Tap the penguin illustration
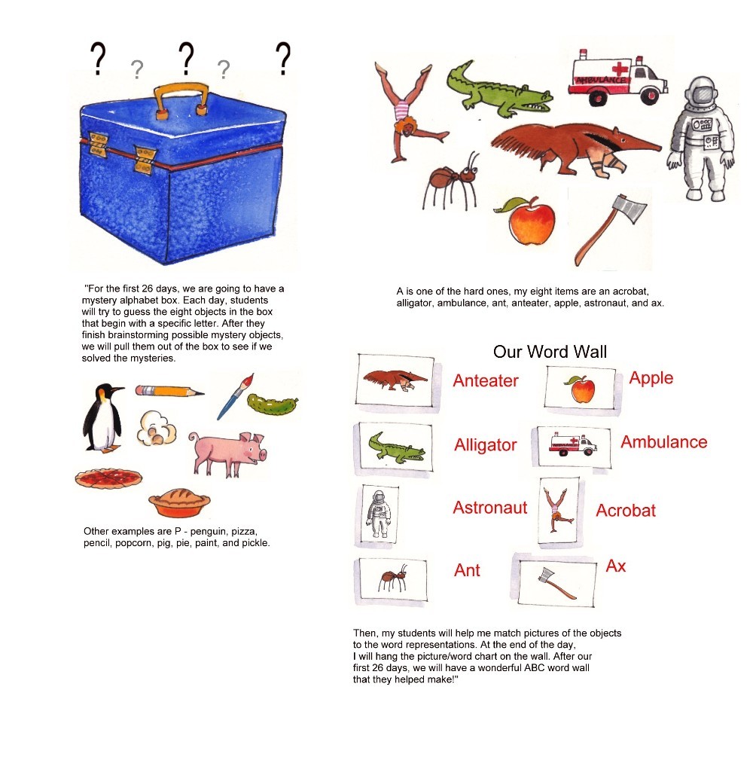click(x=102, y=418)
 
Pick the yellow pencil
click(x=169, y=391)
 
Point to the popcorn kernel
click(x=156, y=428)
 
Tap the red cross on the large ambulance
click(x=620, y=69)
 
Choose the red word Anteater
click(x=486, y=380)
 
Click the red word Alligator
click(x=486, y=445)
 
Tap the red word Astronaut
click(x=490, y=508)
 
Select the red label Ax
click(x=616, y=566)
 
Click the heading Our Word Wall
click(x=550, y=352)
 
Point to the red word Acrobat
click(x=626, y=511)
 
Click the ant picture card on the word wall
click(x=392, y=581)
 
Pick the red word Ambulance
click(x=664, y=442)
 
